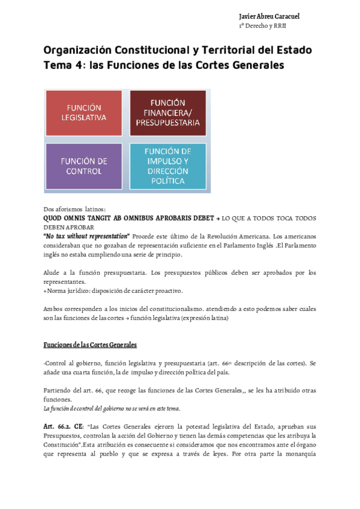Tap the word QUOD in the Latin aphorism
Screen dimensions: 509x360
pyautogui.click(x=53, y=218)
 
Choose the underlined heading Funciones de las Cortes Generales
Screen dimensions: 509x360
pyautogui.click(x=90, y=345)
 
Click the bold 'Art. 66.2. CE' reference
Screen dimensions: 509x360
pyautogui.click(x=64, y=425)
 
